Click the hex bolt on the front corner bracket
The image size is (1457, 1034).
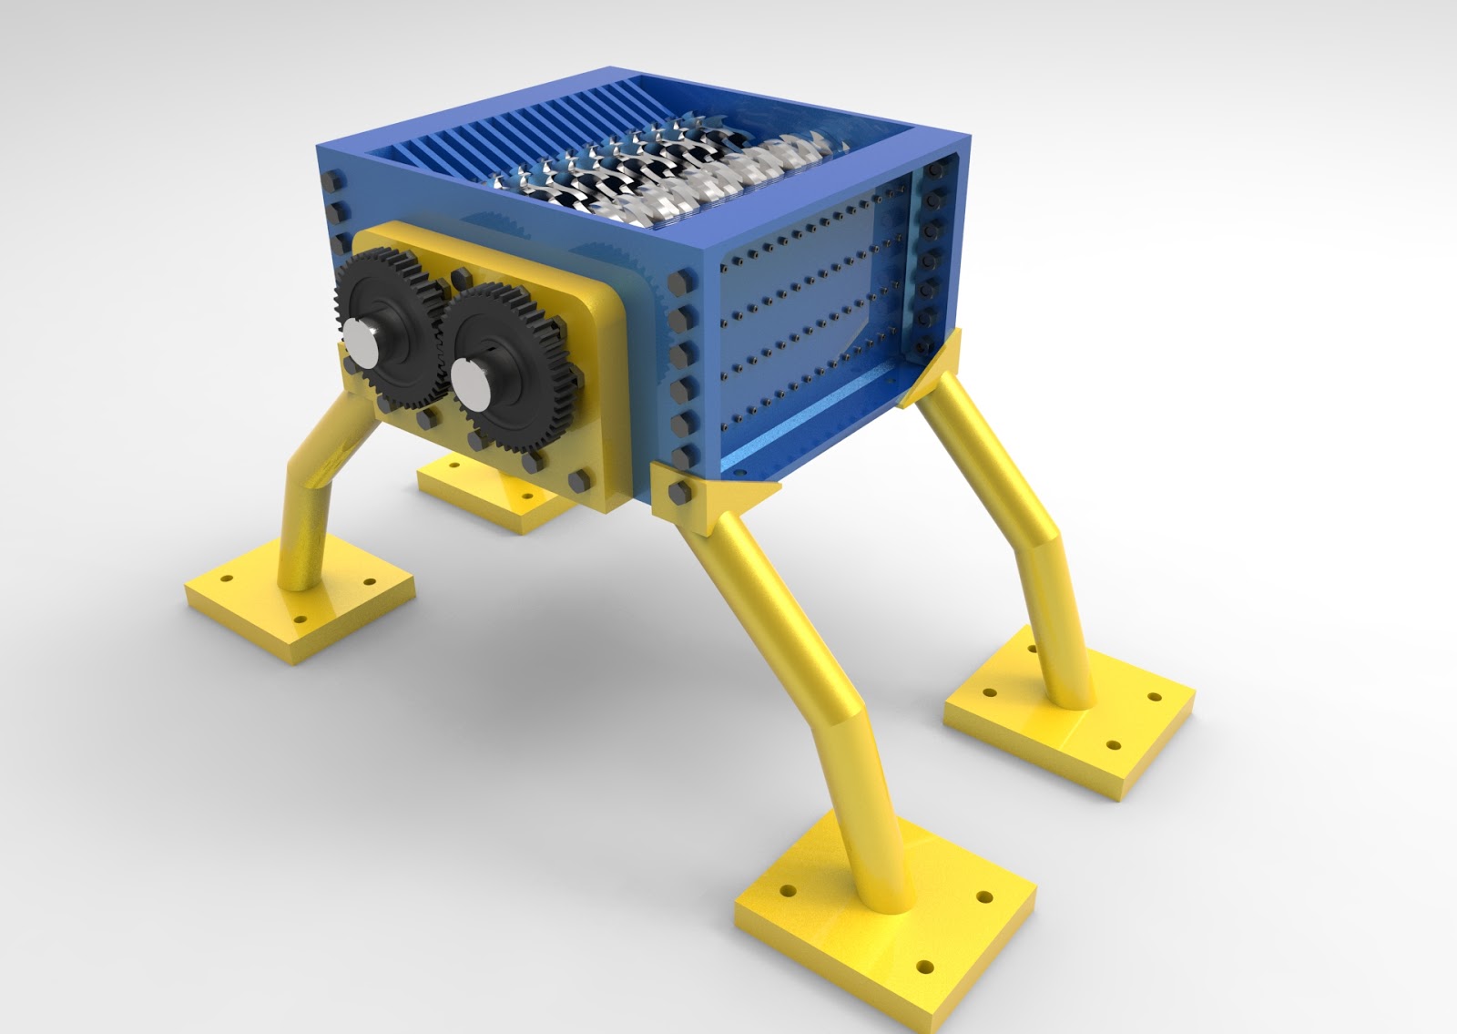(678, 493)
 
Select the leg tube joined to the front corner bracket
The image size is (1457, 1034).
(801, 674)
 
